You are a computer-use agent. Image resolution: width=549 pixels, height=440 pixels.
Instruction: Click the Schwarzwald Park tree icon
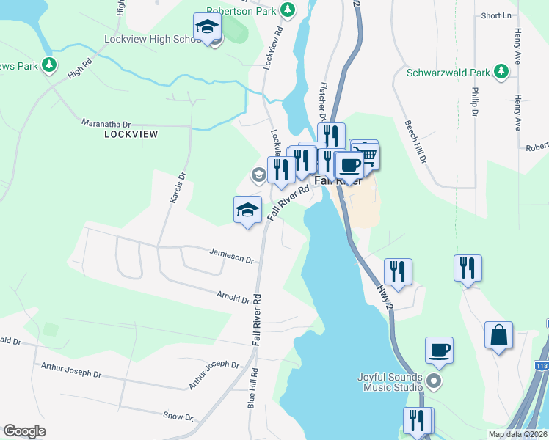[x=501, y=72]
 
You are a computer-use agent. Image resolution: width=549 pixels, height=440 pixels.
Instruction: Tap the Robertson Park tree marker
[x=289, y=10]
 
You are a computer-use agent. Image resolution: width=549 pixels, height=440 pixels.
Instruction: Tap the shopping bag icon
[x=498, y=335]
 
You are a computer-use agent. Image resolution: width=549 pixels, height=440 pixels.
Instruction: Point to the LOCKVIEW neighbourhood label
[x=132, y=134]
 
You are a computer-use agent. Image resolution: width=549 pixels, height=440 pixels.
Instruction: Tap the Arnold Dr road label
[x=234, y=297]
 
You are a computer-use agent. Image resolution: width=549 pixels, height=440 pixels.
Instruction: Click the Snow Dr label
[x=178, y=417]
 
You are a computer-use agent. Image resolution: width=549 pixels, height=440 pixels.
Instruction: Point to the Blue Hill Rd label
[x=251, y=388]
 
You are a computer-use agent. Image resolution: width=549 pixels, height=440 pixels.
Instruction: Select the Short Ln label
[x=496, y=15]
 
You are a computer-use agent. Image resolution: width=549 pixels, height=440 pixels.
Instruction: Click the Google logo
[x=24, y=431]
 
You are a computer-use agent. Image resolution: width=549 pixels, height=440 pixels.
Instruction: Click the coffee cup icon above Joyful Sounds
[x=439, y=351]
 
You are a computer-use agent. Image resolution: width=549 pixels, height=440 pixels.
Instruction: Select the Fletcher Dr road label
[x=321, y=101]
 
